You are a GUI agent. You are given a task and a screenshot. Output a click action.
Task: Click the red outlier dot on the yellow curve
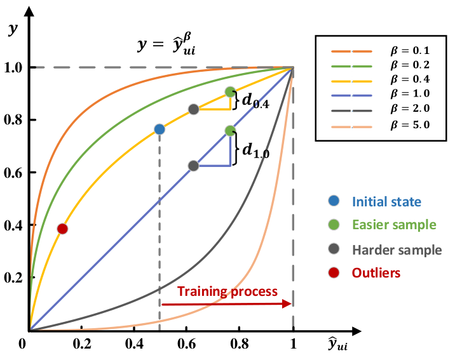click(62, 229)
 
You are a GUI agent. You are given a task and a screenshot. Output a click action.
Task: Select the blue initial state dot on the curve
click(160, 130)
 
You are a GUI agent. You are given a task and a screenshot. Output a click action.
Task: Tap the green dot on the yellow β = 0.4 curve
click(230, 92)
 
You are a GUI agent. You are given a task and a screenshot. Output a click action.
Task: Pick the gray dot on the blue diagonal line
click(194, 166)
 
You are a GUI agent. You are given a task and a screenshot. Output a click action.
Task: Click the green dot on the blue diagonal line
click(230, 131)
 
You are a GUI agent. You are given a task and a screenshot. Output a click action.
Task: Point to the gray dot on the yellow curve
click(194, 109)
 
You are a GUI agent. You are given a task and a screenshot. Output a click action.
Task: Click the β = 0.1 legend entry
click(381, 51)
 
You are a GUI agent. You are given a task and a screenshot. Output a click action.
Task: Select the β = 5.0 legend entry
click(381, 126)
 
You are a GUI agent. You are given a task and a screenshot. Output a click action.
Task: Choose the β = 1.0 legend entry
click(381, 94)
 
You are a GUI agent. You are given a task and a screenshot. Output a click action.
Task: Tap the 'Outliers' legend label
click(376, 273)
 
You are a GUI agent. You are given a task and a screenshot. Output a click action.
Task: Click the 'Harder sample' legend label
click(397, 250)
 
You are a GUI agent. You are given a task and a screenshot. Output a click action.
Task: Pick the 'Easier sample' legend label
click(394, 225)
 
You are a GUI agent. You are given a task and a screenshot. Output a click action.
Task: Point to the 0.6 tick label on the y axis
click(13, 173)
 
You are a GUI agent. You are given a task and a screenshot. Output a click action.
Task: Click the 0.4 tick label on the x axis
click(134, 343)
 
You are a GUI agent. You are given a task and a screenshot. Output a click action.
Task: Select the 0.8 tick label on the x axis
click(240, 343)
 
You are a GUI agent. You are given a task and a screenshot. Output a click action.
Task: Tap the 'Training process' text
click(227, 291)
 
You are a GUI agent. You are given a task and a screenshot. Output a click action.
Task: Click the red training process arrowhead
click(287, 303)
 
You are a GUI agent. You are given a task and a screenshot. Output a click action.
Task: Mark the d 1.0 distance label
click(255, 150)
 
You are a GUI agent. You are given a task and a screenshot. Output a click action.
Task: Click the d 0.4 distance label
click(255, 101)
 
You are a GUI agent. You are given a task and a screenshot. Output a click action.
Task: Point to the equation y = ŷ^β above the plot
click(166, 44)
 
